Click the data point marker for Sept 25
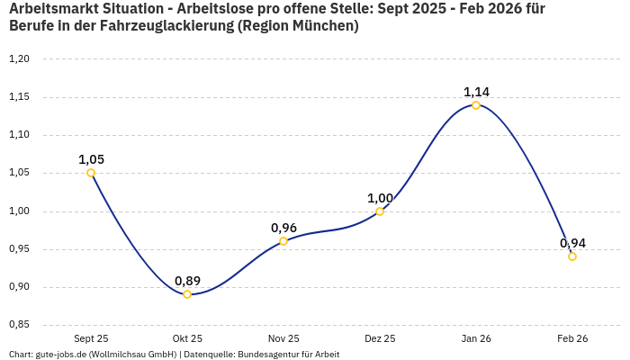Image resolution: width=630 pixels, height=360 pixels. (x=91, y=173)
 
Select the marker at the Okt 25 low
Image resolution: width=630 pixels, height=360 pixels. (x=187, y=294)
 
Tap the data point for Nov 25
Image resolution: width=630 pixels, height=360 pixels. (x=283, y=241)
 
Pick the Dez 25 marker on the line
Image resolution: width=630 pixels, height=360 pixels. (x=380, y=211)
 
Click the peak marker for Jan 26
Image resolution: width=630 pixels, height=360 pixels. (x=476, y=105)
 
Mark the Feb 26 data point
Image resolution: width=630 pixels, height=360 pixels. (x=572, y=256)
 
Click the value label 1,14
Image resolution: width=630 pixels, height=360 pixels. (x=476, y=92)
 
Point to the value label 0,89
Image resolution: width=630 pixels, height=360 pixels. (x=187, y=281)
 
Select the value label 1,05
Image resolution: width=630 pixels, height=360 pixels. (x=91, y=159)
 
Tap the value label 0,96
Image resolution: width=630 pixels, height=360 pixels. (x=283, y=228)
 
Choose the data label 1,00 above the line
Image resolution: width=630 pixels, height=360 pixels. (x=380, y=198)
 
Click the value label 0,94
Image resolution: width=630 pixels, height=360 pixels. (x=572, y=243)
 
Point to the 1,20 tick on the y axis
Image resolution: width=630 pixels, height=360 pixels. (x=19, y=59)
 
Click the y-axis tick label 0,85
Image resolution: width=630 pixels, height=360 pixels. (x=19, y=325)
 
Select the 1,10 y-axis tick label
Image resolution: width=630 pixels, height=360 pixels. (x=19, y=135)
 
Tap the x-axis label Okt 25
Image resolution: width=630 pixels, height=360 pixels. (x=187, y=338)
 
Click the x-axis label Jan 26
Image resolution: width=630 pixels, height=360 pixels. (x=476, y=338)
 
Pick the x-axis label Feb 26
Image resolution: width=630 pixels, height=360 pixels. (x=572, y=338)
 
